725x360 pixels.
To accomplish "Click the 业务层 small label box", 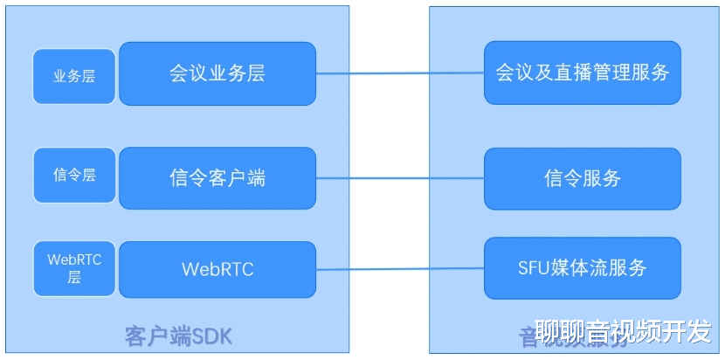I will click(x=74, y=76).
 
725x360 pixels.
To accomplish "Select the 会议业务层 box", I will click(x=217, y=73).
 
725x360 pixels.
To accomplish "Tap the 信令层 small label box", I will click(x=74, y=175).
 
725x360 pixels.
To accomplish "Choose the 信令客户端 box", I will click(x=217, y=178).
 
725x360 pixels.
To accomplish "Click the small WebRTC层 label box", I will click(x=74, y=268).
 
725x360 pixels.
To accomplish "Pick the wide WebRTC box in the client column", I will click(x=217, y=269).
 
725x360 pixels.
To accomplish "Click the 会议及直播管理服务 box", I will click(x=583, y=73).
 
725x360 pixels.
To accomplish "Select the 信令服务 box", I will click(x=583, y=178).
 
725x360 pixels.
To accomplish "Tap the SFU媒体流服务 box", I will click(x=583, y=267).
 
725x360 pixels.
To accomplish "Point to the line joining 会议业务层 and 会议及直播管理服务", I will click(x=400, y=73).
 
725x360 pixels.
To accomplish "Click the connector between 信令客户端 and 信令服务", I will click(x=400, y=179).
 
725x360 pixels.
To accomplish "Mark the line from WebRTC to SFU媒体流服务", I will click(x=400, y=269).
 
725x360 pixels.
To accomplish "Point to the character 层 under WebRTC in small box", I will click(x=74, y=278).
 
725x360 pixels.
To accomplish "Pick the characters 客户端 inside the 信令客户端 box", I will click(x=237, y=178).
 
